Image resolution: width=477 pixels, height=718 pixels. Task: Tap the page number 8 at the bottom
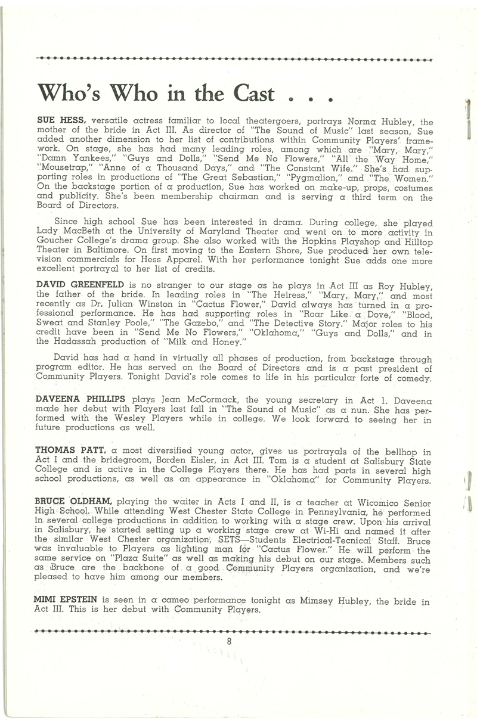pyautogui.click(x=228, y=641)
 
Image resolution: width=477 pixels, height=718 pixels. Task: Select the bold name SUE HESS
pyautogui.click(x=61, y=121)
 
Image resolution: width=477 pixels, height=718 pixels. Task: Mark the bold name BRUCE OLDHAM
pyautogui.click(x=73, y=502)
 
